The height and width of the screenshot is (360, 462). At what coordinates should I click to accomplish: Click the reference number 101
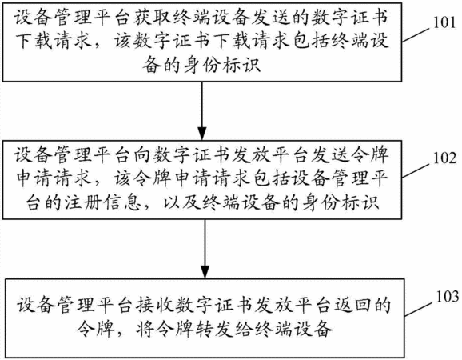pos(445,22)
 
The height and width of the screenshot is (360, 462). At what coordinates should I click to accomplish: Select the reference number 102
pos(445,158)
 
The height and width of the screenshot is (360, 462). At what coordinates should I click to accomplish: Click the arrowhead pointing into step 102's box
pos(202,134)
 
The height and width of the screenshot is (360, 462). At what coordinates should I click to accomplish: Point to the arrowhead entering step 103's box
pos(205,272)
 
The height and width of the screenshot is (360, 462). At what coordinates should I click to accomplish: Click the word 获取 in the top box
pos(153,18)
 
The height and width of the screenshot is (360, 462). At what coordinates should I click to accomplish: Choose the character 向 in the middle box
pos(142,155)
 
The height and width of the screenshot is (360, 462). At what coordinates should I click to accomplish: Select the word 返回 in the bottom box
pos(352,305)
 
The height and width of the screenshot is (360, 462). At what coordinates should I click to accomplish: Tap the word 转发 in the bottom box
pos(213,328)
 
